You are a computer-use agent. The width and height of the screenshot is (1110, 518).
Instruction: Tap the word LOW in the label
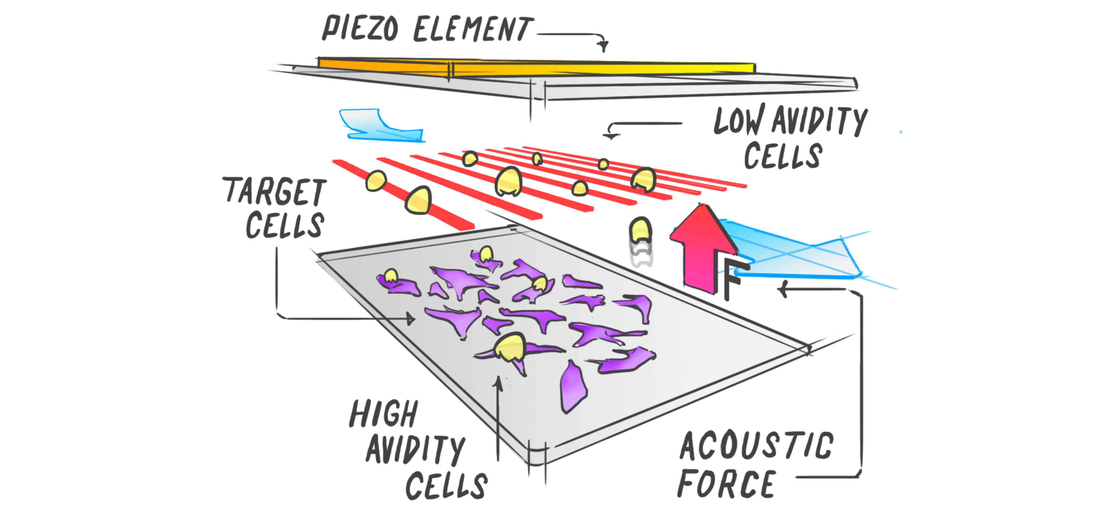(x=739, y=121)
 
